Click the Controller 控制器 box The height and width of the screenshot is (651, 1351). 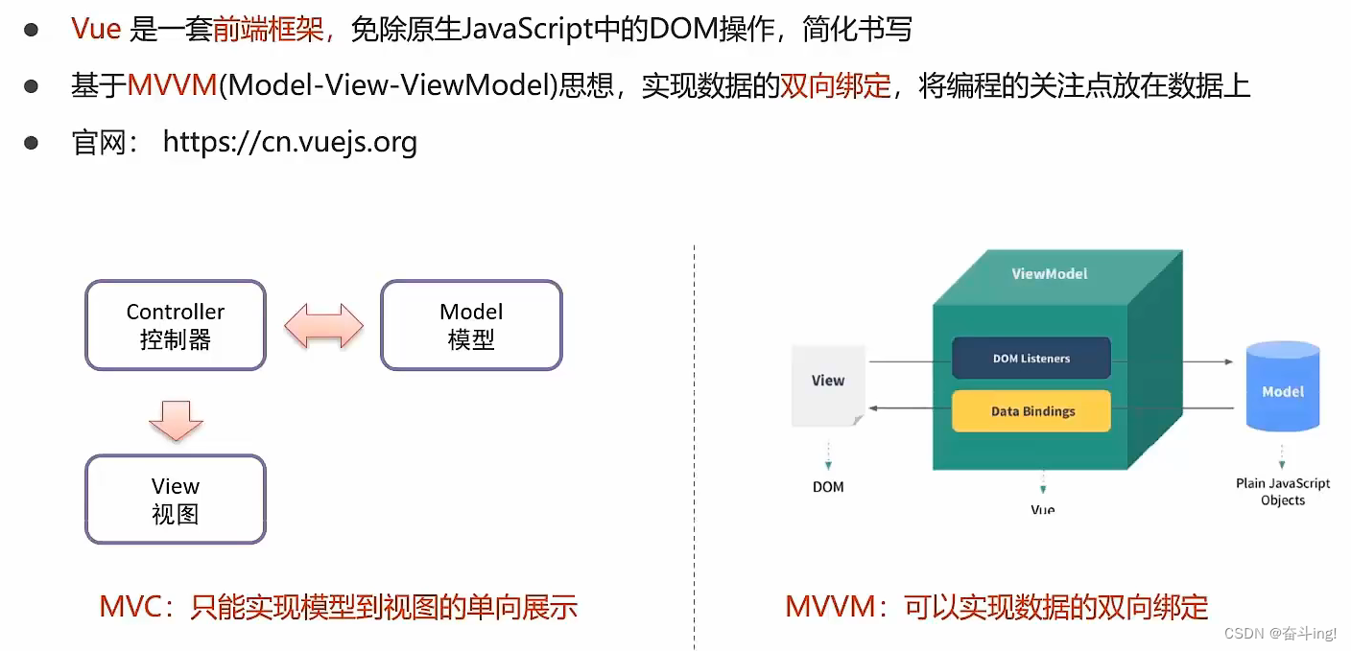click(175, 325)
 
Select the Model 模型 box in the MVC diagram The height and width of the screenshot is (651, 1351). click(471, 325)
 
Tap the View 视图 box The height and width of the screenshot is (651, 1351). click(175, 500)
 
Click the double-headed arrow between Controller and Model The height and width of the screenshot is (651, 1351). click(324, 326)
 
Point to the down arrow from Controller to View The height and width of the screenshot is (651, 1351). click(176, 419)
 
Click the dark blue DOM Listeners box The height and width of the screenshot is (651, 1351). click(1031, 359)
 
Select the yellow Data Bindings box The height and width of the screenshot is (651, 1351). click(1031, 411)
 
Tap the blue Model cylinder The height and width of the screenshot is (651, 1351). click(1282, 388)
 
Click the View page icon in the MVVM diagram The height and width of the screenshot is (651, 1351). click(827, 384)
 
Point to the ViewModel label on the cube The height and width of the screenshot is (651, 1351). click(1050, 273)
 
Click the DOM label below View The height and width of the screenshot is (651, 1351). click(828, 487)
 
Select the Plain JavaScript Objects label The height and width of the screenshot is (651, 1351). click(1283, 492)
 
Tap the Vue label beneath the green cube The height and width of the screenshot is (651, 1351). click(1043, 509)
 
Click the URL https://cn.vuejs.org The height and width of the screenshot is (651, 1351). click(290, 143)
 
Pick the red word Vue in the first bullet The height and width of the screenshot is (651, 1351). click(96, 30)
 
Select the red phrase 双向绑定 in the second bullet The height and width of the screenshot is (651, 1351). click(836, 86)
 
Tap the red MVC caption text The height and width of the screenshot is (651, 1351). click(338, 606)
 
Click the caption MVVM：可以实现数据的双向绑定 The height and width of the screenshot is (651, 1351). click(996, 606)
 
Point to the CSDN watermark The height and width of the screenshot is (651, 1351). click(1282, 634)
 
